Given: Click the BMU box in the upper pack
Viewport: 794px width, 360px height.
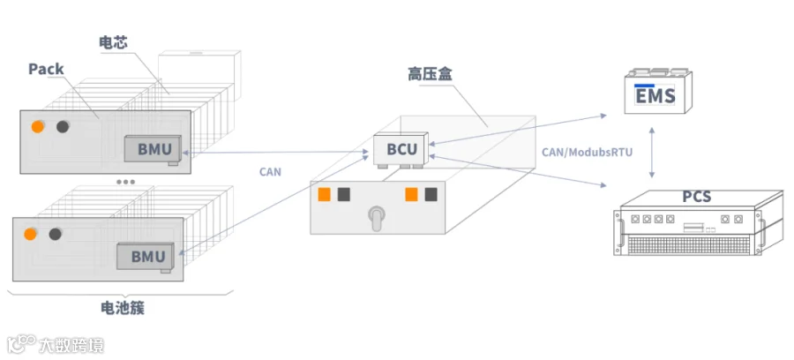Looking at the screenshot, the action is [x=153, y=149].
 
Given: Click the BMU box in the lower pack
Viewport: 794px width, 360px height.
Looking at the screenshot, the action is [x=146, y=256].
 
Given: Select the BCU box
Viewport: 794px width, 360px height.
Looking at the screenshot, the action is [x=401, y=149].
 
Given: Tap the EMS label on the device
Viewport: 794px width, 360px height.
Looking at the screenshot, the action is [x=655, y=95].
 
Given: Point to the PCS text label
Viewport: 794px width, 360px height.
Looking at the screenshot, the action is [x=697, y=196].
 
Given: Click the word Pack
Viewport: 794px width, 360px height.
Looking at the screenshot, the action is [x=46, y=70].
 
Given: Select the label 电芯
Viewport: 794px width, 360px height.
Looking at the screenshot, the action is [x=113, y=42].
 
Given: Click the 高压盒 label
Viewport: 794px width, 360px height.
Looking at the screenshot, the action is [x=430, y=74].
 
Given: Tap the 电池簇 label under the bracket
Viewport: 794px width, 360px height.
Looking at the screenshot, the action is [x=123, y=308].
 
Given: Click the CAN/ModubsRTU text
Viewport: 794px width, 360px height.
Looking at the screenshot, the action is [x=587, y=152].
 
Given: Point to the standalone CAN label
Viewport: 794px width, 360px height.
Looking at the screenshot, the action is [x=270, y=172].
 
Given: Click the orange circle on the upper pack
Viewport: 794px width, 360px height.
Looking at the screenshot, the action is [x=37, y=126].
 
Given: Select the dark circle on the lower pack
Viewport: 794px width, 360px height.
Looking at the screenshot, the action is [x=56, y=234].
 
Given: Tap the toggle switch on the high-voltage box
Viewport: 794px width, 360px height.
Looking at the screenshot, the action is [x=375, y=218].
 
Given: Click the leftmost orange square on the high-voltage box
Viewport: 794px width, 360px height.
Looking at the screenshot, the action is [x=324, y=194].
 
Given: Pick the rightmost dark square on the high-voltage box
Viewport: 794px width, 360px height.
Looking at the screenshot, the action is [x=431, y=194].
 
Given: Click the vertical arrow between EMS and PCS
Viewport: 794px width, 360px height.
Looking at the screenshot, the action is [x=652, y=153].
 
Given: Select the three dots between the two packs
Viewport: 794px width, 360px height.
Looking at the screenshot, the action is [x=125, y=181].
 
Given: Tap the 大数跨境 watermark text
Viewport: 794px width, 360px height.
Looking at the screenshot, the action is [x=71, y=346].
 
